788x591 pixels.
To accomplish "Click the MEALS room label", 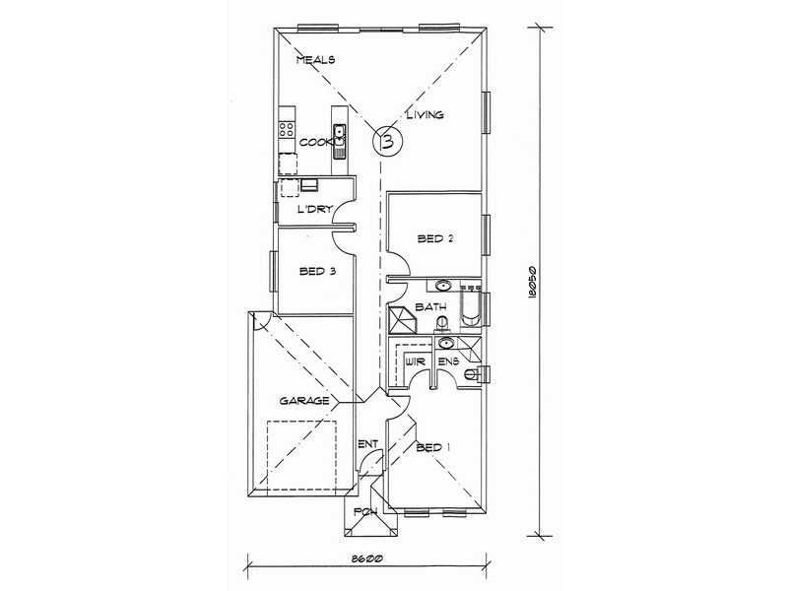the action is coord(315,60).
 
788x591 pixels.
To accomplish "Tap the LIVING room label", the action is coord(426,114).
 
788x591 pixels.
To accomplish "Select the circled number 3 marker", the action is coord(387,141).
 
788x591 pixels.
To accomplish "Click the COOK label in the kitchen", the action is coord(316,143).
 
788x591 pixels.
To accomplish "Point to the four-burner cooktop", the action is coord(287,130).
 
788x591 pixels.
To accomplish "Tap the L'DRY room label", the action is coord(315,209).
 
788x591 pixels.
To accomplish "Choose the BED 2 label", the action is coord(435,238).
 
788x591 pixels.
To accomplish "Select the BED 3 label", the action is coord(317,272).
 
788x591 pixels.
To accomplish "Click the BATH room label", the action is coord(430,306).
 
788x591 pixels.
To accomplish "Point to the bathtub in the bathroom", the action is coord(471,306).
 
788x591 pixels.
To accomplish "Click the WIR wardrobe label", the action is coord(417,361).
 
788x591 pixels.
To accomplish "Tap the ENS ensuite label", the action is coord(448,361).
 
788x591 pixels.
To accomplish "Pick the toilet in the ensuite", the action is coord(476,374).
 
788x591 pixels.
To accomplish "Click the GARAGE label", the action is coord(304,401).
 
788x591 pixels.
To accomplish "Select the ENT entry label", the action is coord(367,444).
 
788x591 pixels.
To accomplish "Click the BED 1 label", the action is coord(433,447).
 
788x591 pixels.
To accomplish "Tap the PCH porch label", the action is coord(365,512).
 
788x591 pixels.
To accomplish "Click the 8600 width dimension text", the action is coord(367,558).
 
